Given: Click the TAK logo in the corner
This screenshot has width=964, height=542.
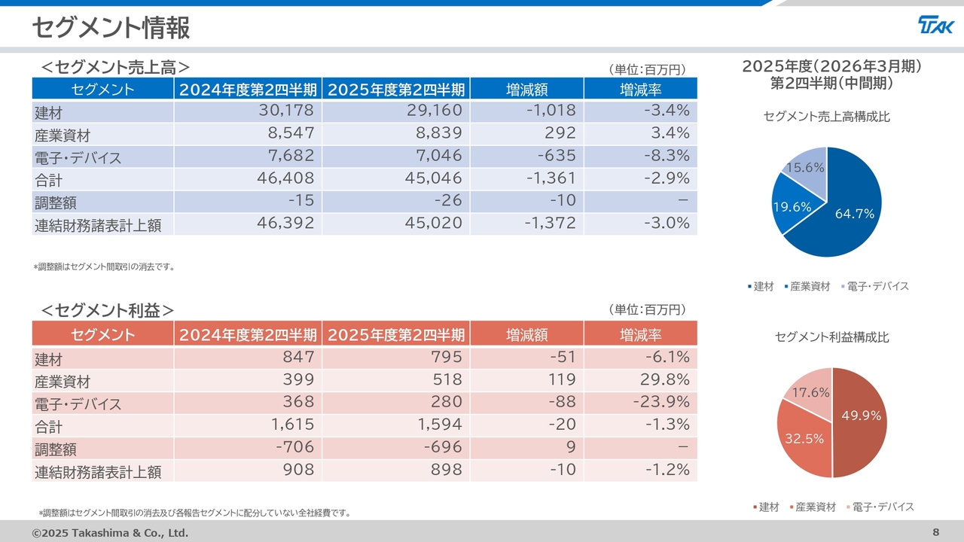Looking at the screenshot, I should coord(935,25).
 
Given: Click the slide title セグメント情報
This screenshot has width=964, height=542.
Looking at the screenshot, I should coord(111,28).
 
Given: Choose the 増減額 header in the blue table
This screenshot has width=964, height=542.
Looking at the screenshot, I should coord(526,90).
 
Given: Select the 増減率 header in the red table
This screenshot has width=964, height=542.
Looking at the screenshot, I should coord(640,335).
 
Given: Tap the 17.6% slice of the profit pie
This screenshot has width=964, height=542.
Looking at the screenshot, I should coord(812,391).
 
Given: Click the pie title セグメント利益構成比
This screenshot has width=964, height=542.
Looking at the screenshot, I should coord(832,337).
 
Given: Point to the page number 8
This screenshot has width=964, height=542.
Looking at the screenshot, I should coord(936,533).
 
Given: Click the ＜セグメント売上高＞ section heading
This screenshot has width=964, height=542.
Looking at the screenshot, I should coord(114,67).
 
